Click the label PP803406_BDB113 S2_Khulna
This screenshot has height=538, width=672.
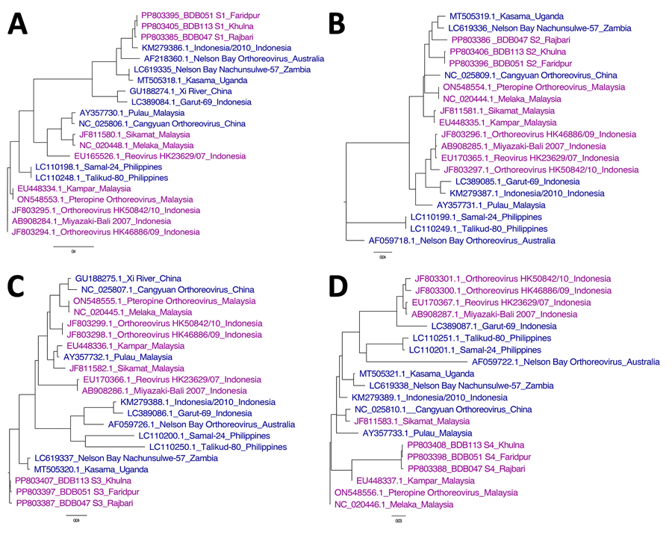(508, 52)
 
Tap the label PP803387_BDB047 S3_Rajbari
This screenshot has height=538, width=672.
(74, 504)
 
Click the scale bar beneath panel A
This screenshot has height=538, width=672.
(72, 244)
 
